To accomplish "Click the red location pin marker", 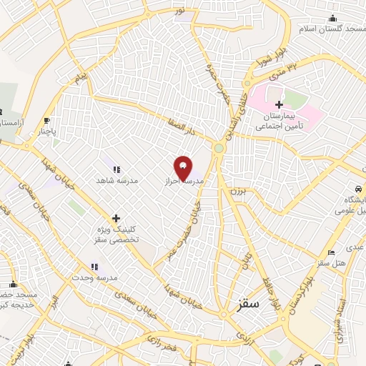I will point(183,169).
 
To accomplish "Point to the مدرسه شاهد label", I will point(116,180).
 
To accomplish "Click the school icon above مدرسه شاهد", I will point(116,169).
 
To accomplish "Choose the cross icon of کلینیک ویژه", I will point(116,218).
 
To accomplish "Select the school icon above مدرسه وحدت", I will point(94,267).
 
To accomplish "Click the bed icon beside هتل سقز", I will point(330,252).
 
